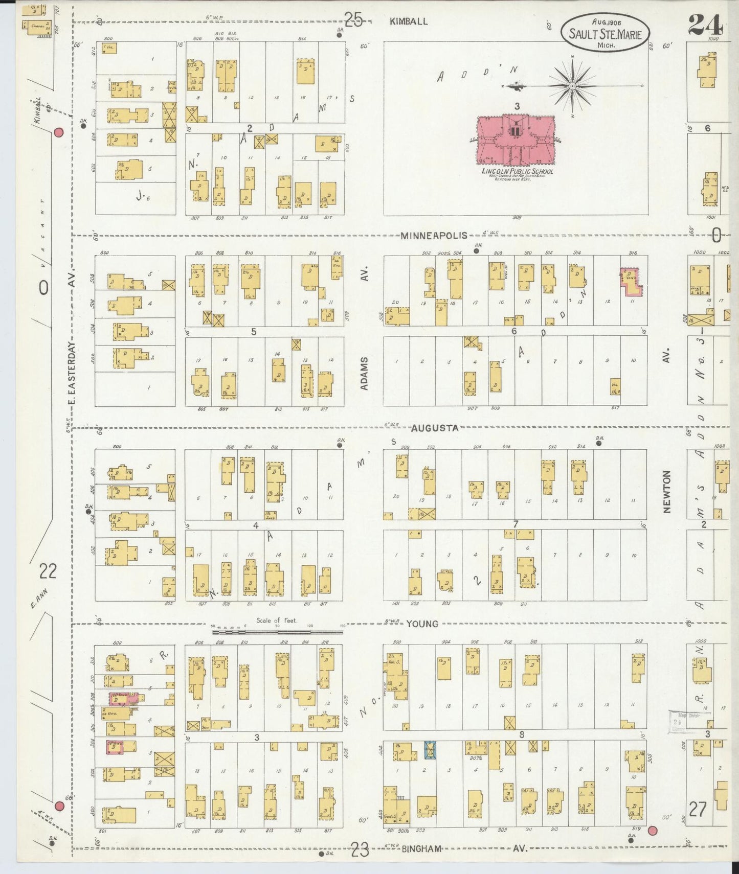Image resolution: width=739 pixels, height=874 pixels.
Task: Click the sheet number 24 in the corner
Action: pos(704,24)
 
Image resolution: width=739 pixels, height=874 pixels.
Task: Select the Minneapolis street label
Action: pos(434,236)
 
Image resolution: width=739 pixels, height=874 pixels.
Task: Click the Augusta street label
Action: pos(435,428)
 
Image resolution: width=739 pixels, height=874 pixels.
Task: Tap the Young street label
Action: pos(422,624)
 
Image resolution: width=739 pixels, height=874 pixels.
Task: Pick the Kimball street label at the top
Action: pos(408,21)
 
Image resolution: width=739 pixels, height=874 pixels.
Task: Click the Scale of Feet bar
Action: pos(277,632)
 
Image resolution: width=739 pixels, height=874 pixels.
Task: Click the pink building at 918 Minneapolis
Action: pos(632,282)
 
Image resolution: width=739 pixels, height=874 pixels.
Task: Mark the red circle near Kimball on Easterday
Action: pos(58,133)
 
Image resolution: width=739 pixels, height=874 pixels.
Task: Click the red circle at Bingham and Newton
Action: pos(652,831)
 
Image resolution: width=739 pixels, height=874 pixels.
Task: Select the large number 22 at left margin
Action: pos(48,570)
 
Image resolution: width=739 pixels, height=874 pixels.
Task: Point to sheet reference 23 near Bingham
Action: pos(360,850)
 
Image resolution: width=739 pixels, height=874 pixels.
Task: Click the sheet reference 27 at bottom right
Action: pos(698,809)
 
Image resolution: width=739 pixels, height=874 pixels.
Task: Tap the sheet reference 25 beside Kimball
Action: pos(353,19)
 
